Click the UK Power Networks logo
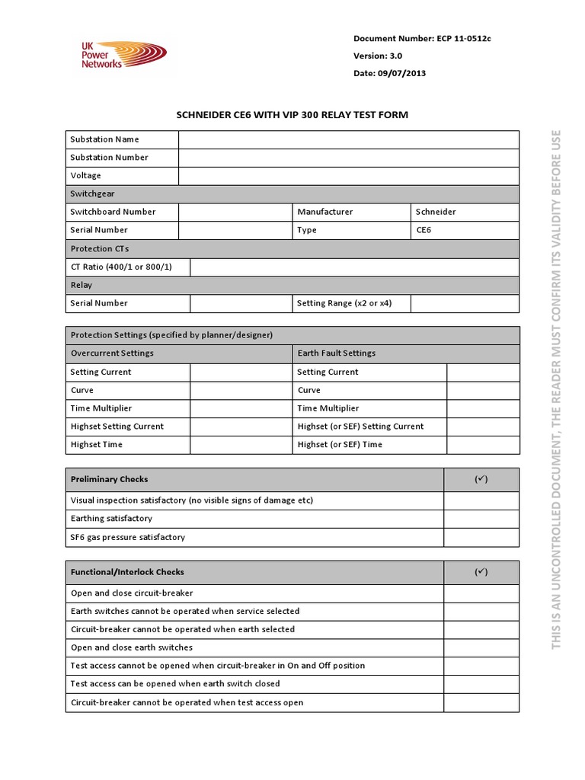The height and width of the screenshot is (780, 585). (123, 56)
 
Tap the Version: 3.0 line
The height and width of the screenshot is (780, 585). (378, 56)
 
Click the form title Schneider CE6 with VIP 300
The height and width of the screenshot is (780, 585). (292, 115)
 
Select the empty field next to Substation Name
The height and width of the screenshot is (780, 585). (349, 139)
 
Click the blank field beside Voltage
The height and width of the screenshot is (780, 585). (349, 176)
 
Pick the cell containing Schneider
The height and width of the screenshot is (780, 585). (465, 212)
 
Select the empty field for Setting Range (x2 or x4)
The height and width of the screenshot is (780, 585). (465, 303)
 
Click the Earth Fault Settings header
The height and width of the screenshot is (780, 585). (337, 353)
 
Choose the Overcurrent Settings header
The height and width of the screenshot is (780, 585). (112, 353)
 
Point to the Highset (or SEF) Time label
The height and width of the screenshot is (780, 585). (340, 445)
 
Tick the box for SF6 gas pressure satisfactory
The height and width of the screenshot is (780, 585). (481, 538)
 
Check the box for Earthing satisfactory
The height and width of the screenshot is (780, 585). (481, 519)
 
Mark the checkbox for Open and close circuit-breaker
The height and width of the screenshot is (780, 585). (481, 593)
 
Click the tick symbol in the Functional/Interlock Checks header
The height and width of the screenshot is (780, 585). (481, 572)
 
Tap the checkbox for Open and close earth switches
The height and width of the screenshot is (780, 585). (481, 647)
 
